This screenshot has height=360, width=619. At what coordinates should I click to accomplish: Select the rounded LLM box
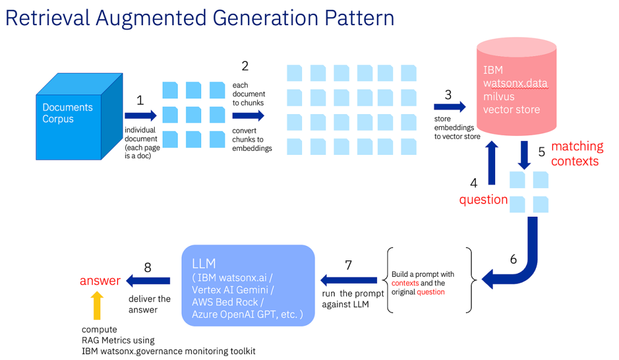coord(248,285)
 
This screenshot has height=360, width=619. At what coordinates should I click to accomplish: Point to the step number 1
coord(140,100)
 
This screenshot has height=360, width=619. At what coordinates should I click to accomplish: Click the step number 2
coord(245,66)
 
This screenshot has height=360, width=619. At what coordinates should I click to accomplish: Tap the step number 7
coord(348,265)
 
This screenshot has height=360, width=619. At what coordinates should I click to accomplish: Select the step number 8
coord(148,267)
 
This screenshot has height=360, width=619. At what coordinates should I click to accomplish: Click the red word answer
coord(100,281)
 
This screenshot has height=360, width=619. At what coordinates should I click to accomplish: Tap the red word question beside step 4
coord(483,199)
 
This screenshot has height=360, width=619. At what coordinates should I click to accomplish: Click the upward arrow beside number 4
coord(492,163)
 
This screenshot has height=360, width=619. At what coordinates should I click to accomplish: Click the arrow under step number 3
coord(450,107)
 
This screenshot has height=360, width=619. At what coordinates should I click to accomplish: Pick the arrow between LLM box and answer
coord(148,280)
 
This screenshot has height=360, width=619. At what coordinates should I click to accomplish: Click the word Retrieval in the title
coord(48,18)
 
